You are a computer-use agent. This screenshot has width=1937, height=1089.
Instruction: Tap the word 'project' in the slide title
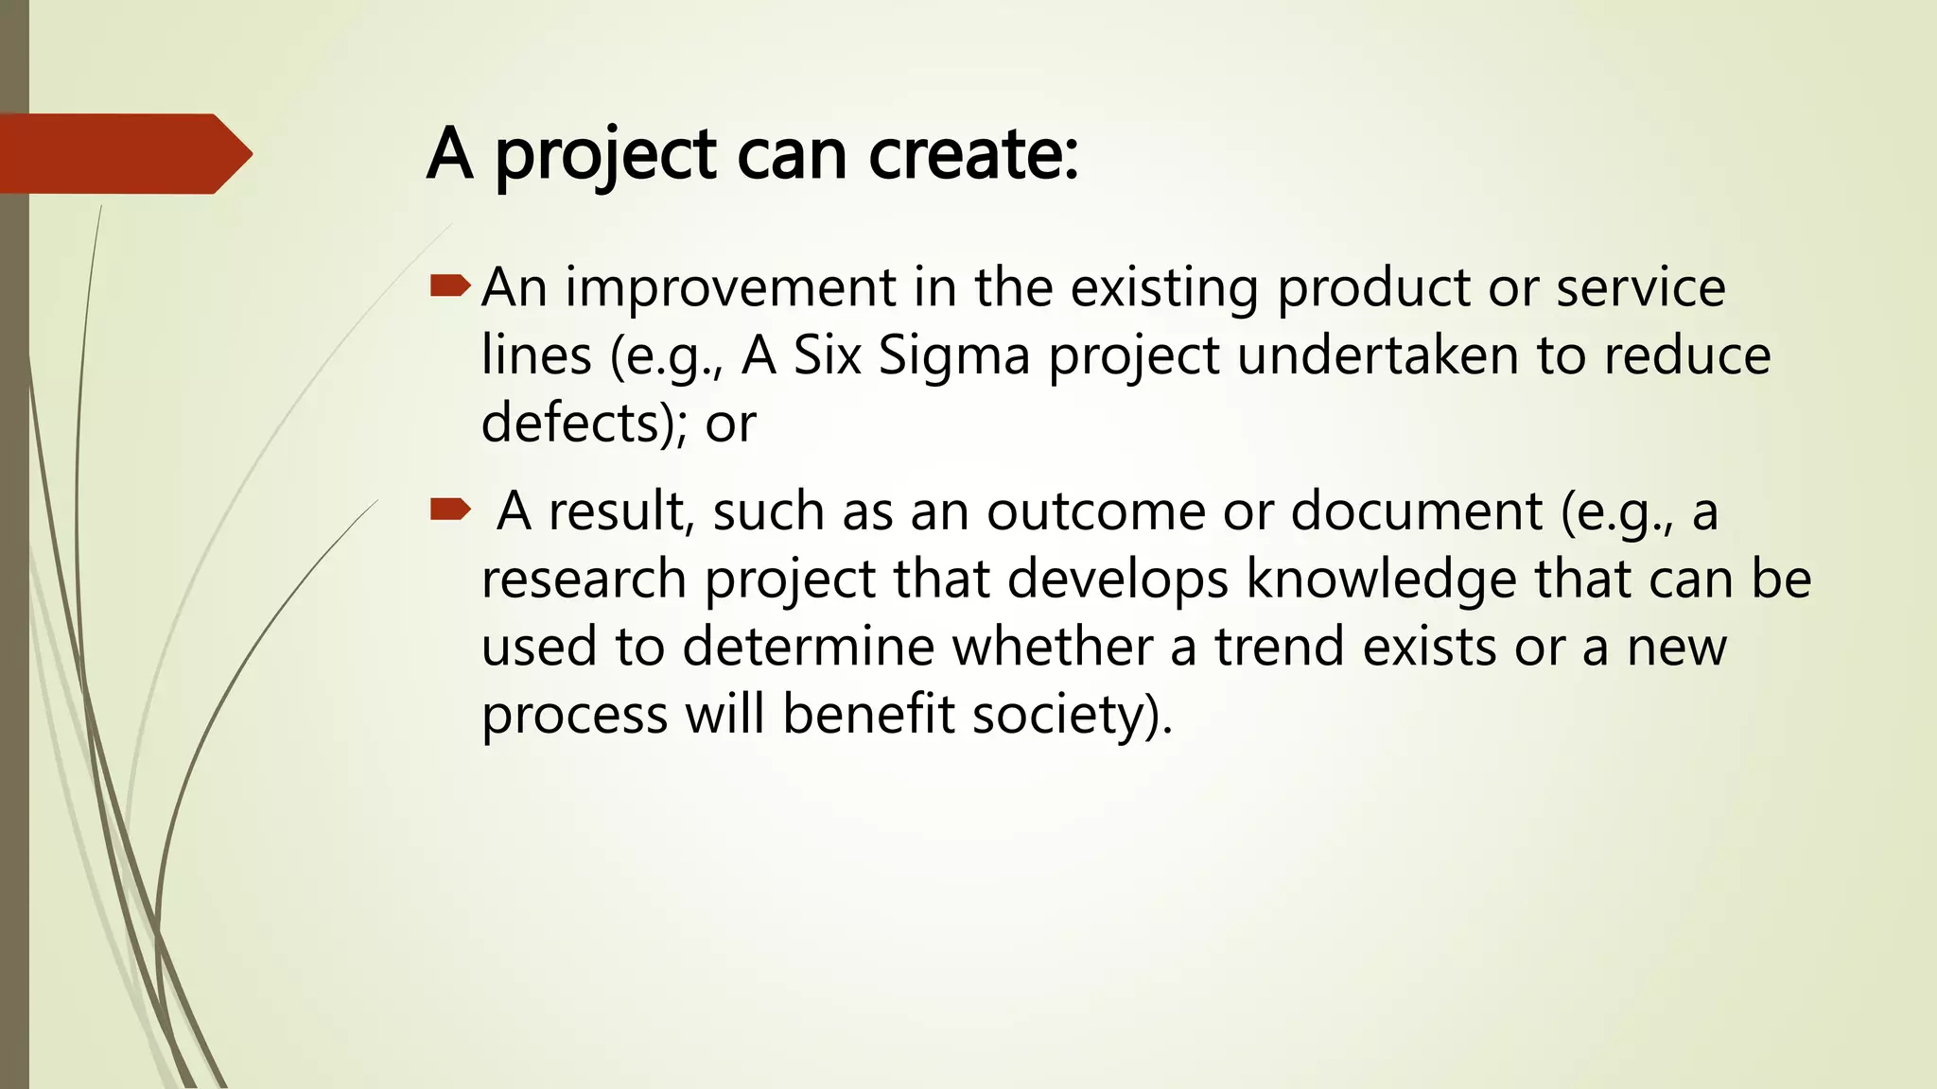[x=605, y=156]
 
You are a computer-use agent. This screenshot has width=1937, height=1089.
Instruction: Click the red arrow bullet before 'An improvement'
[x=450, y=285]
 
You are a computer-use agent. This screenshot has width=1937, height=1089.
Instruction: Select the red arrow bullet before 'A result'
[x=450, y=510]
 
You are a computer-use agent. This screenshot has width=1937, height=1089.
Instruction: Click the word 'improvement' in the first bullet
[x=730, y=287]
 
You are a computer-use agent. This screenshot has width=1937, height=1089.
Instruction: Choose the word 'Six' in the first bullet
[x=827, y=355]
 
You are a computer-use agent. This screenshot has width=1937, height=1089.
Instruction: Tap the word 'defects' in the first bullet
[x=573, y=423]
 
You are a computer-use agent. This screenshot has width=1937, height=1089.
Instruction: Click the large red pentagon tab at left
[x=123, y=154]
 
